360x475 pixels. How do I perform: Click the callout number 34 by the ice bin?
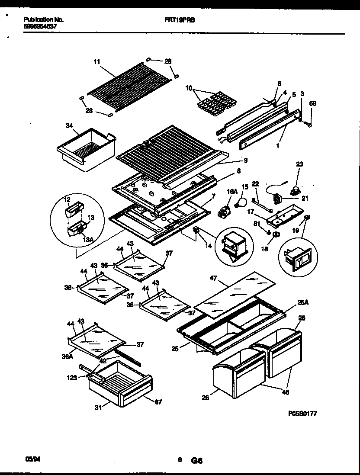(69, 126)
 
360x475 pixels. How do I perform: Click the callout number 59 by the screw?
(313, 103)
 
